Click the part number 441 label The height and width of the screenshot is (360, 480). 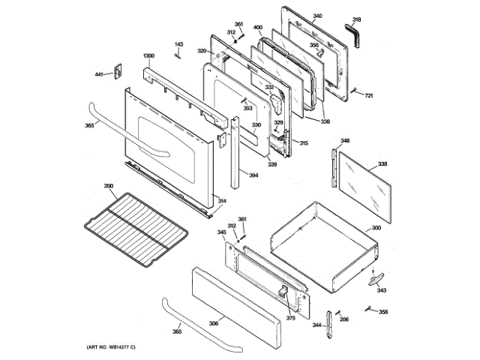point(98,74)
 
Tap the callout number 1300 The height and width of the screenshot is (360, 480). point(148,56)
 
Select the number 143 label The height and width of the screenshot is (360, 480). point(178,45)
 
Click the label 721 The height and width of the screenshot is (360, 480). point(369,95)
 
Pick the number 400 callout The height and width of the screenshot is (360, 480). point(257,28)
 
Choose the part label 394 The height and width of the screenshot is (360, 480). point(254,175)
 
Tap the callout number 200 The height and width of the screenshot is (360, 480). point(108,186)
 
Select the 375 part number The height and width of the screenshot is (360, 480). point(290,318)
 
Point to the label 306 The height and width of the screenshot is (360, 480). point(214,322)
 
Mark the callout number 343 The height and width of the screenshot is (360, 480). point(382,290)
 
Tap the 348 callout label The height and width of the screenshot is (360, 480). point(344,140)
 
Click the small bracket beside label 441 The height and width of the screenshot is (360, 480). point(117,71)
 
